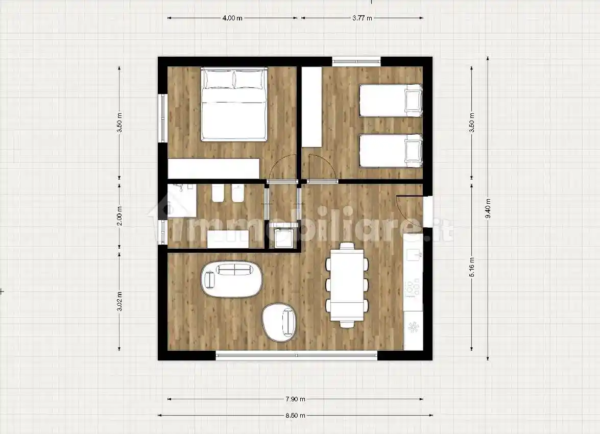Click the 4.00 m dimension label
pos(232,18)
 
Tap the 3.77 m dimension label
pos(362,18)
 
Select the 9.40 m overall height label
pos(488,209)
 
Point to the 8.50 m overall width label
pos(296,415)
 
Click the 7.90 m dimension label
pos(296,399)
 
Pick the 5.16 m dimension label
pos(472,267)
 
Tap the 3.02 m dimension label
pos(119,301)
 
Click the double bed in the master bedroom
pos(233,105)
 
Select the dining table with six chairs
pos(347,285)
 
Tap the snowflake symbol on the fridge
pos(413,328)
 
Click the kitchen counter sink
pos(414,254)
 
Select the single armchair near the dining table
pos(280,322)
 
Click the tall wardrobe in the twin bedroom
pos(311,107)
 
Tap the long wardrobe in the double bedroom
pos(214,168)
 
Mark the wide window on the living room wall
pos(297,355)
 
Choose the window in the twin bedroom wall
pos(356,61)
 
